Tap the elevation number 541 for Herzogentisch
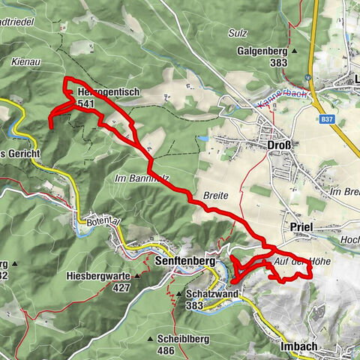(x=85, y=103)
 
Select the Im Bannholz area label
(x=142, y=178)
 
